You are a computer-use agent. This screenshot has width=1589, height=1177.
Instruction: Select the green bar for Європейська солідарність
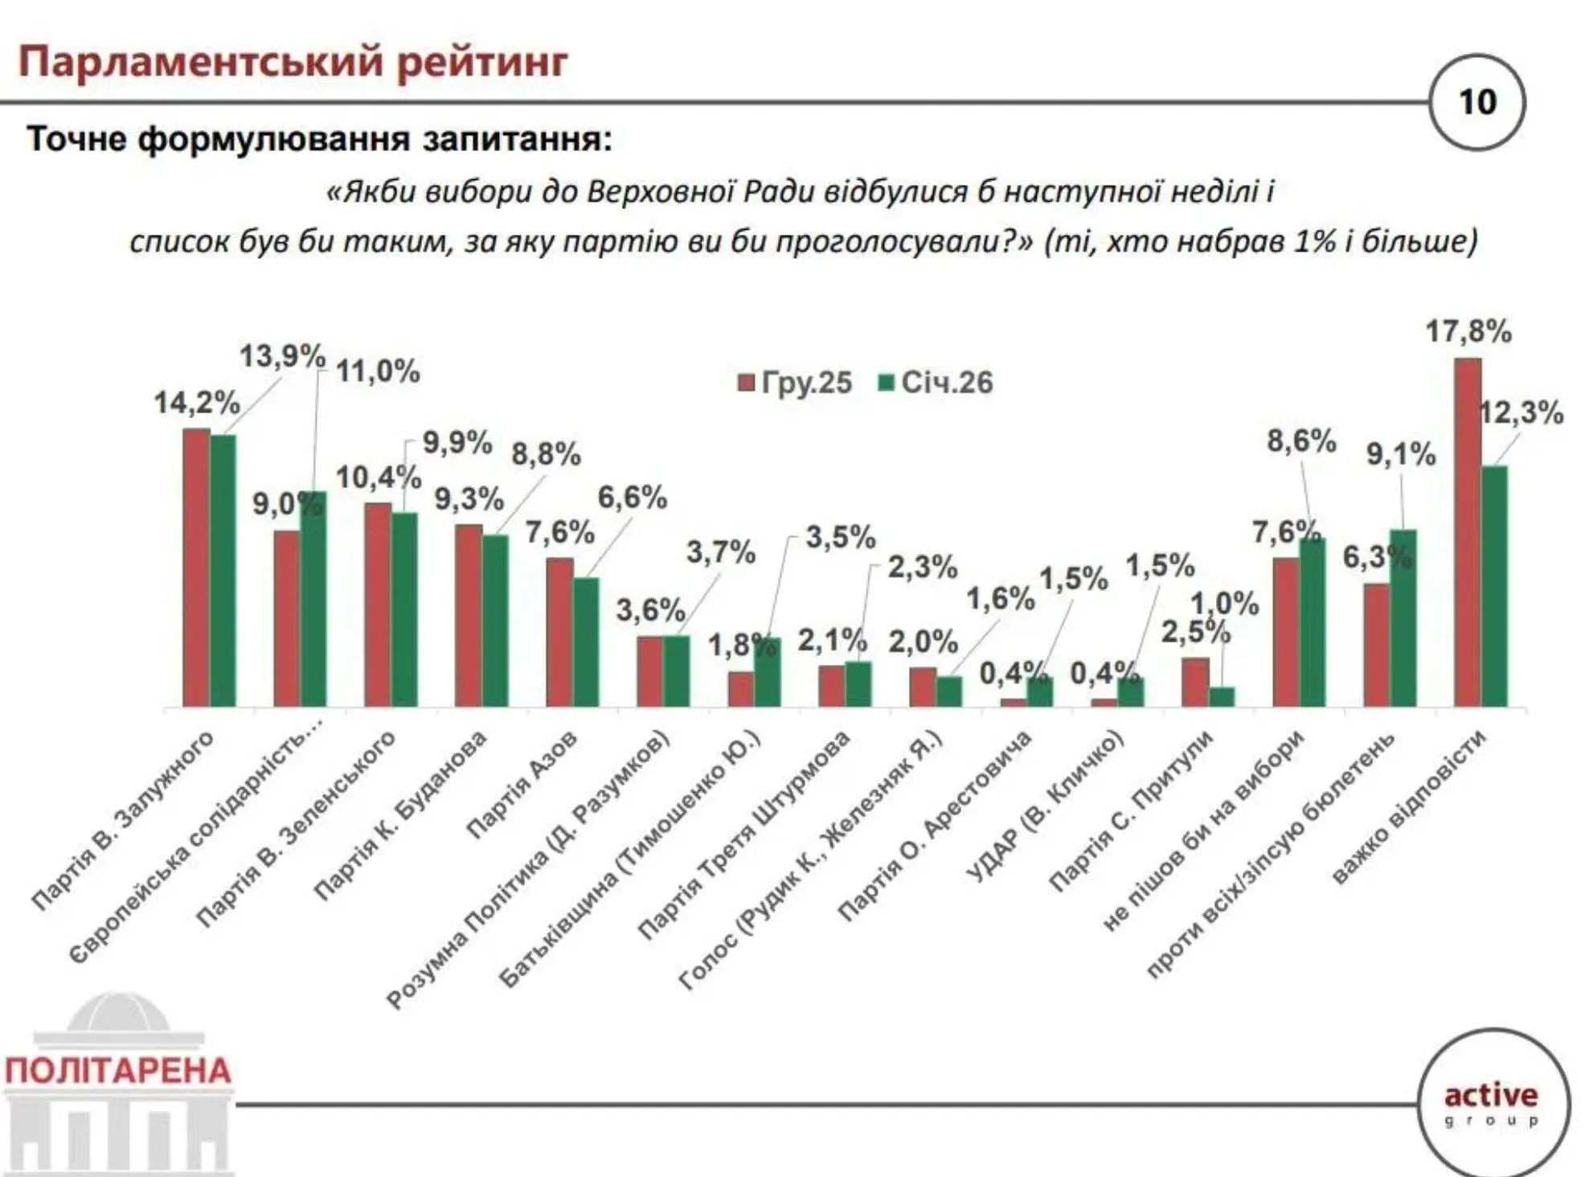313,599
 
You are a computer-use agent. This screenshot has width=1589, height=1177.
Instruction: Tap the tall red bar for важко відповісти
1468,532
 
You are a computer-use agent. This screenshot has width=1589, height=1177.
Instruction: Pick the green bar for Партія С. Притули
1222,696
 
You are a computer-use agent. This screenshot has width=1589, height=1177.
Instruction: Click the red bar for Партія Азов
559,632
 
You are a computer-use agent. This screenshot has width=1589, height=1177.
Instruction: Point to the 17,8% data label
1468,331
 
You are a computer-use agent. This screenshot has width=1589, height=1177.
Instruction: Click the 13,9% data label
282,355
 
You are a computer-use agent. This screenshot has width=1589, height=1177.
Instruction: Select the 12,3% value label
1521,413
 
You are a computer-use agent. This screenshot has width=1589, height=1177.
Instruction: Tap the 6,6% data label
632,498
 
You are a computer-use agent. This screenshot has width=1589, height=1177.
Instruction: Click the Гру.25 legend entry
796,383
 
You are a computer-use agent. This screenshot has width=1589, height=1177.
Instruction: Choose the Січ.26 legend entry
936,383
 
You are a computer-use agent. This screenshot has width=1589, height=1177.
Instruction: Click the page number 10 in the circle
1477,102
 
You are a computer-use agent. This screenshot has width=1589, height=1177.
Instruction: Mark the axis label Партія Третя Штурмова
743,836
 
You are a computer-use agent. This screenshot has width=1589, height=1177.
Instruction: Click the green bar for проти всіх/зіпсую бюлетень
1403,617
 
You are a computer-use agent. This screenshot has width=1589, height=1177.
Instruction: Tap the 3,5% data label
840,537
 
